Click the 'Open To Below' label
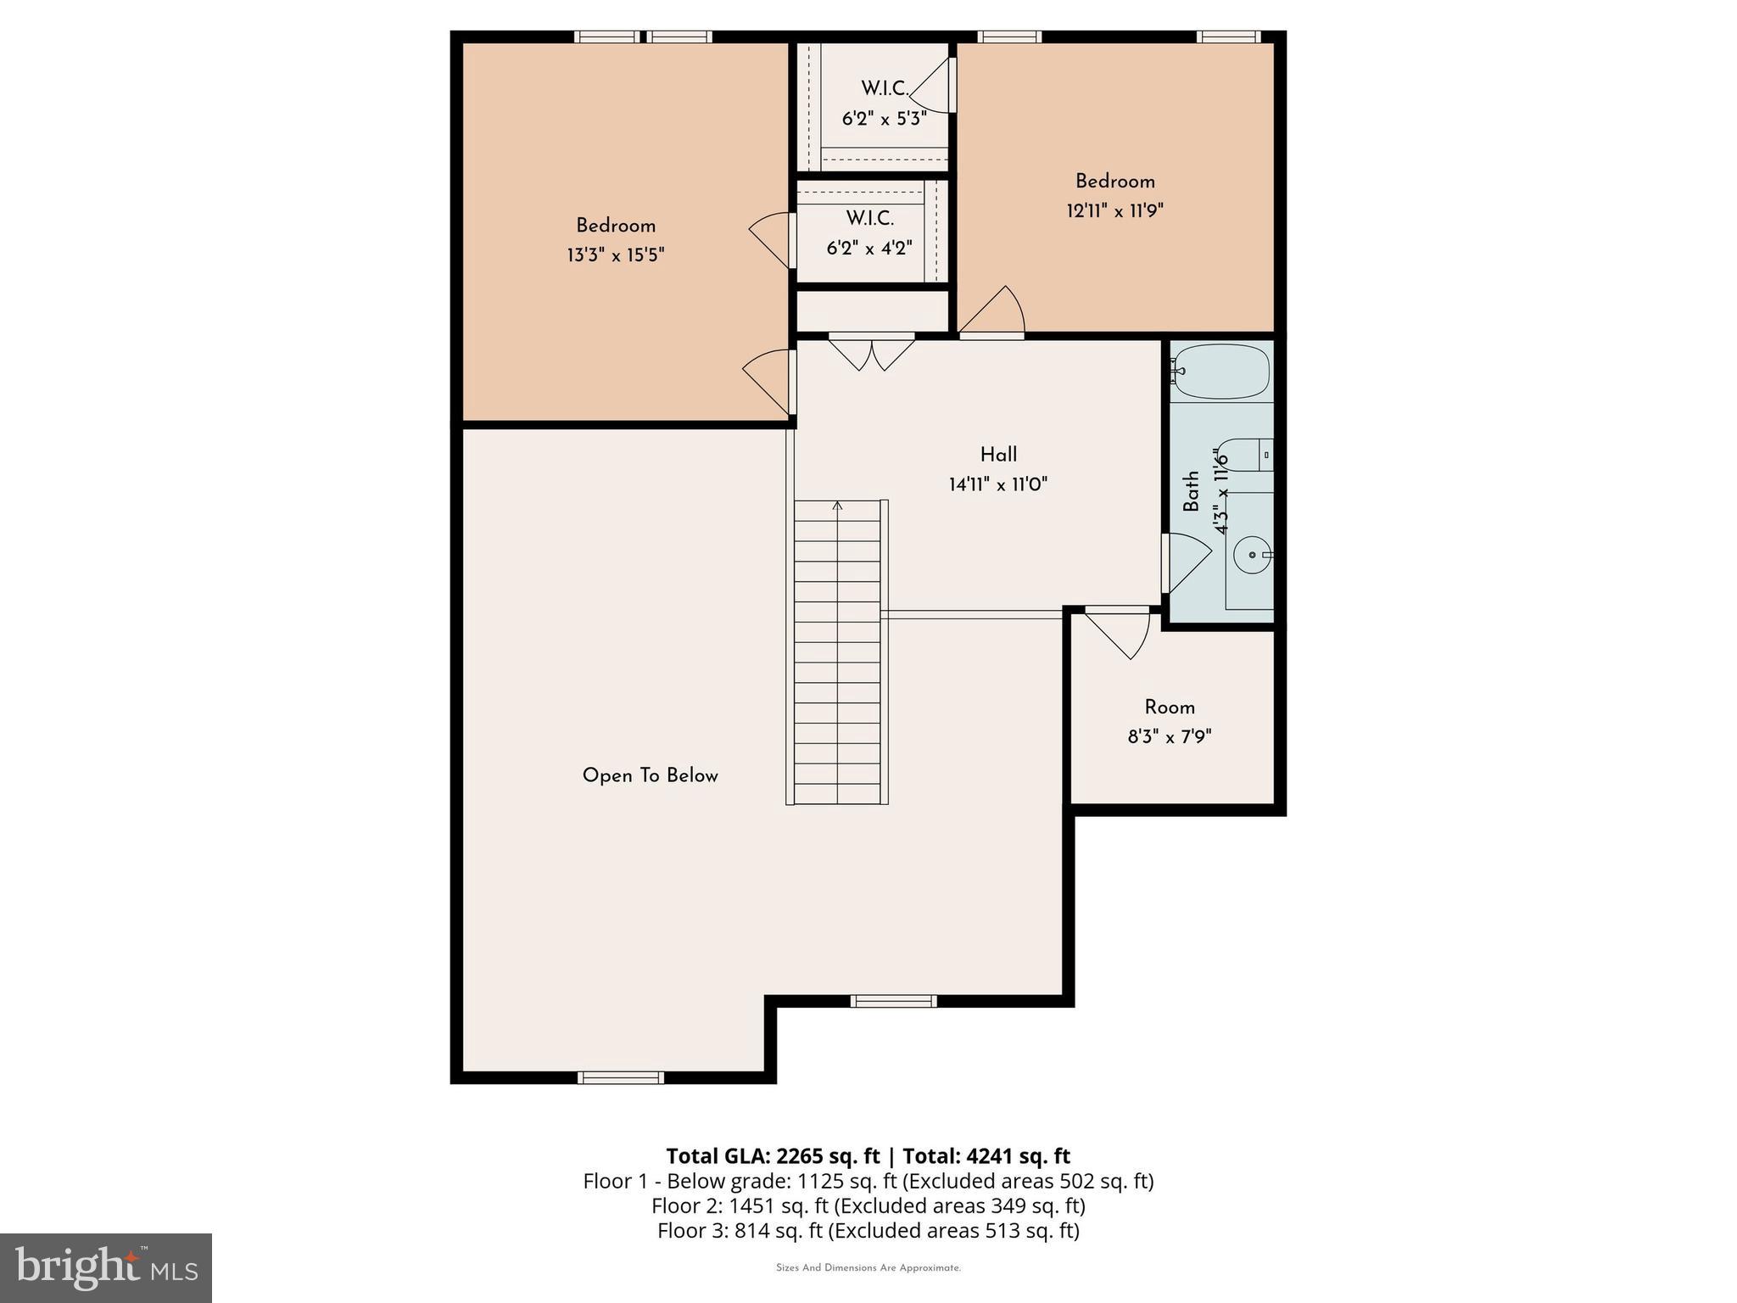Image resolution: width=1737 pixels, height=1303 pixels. point(650,776)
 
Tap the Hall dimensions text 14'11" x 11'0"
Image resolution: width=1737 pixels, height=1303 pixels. point(998,485)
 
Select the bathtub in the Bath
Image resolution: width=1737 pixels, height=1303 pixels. point(1222,372)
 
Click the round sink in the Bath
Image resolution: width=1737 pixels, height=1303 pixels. point(1251,556)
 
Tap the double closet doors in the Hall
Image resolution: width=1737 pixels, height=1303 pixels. point(872,352)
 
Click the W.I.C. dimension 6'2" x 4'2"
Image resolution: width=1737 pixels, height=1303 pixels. point(869,249)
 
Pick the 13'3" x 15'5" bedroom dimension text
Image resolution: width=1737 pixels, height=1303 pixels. point(616,255)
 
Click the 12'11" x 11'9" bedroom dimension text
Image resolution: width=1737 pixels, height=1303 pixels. point(1114,210)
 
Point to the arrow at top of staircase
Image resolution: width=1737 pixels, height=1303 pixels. point(838,506)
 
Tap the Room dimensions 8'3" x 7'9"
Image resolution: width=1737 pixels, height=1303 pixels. point(1170,737)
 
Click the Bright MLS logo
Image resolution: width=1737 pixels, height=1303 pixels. point(105,1267)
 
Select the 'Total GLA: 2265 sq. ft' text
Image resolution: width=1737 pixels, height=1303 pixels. point(773,1156)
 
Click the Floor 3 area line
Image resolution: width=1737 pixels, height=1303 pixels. point(868,1230)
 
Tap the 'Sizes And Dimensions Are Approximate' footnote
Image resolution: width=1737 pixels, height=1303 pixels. point(868,1268)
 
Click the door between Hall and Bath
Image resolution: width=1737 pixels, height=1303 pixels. point(1185,562)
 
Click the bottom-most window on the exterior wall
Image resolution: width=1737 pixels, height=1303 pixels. point(621,1077)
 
